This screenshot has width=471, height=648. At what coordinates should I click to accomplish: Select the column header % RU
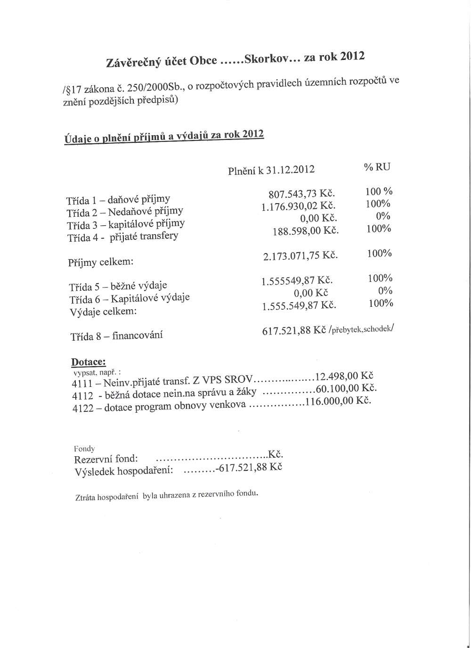coord(377,167)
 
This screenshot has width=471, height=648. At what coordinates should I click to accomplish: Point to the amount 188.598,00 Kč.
coord(306,231)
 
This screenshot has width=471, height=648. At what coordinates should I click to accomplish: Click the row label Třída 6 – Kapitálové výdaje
coord(129,298)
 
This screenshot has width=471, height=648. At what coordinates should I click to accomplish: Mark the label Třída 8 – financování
coord(116,336)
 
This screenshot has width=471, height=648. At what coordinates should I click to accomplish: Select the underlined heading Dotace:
coord(88,362)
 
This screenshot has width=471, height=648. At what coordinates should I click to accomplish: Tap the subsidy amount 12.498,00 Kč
coord(344,377)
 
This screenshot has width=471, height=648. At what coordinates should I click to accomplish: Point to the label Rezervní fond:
coord(106,459)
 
